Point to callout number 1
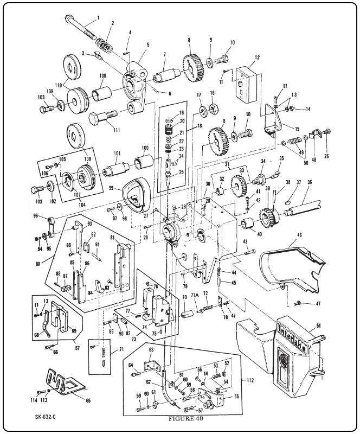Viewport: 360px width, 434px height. (98, 17)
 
